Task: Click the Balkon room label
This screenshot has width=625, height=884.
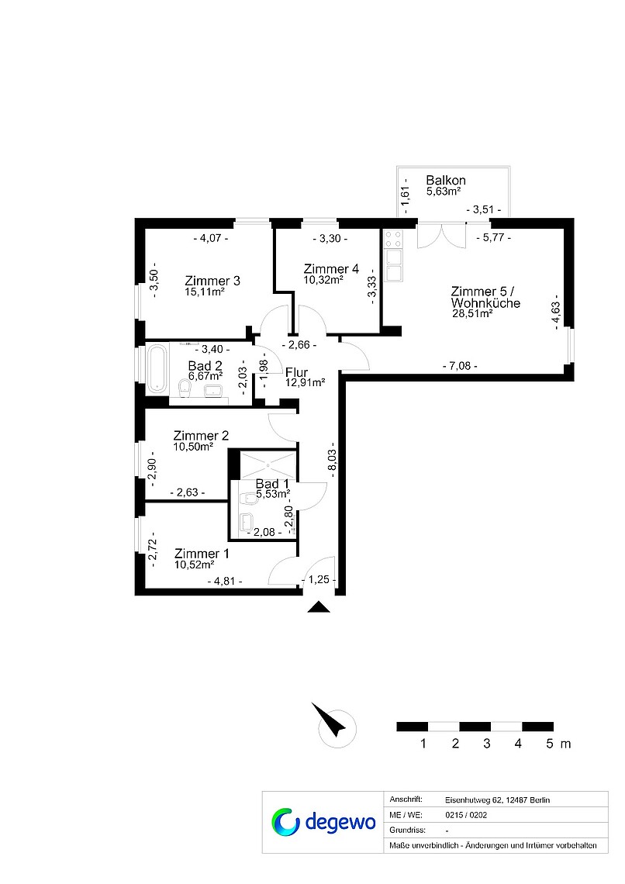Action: coord(446,181)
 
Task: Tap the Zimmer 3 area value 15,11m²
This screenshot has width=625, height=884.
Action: coord(205,292)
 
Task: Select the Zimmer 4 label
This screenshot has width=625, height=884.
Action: coord(331,269)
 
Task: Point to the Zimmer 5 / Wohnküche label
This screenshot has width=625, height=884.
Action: coord(485,297)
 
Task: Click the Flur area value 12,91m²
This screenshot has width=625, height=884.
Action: coord(305,383)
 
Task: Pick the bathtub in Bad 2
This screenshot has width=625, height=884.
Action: coord(157,368)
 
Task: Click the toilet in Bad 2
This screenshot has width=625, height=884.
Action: coord(184,387)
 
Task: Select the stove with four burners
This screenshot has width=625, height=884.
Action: coord(393,239)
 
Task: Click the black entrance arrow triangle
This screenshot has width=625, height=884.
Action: coord(319,607)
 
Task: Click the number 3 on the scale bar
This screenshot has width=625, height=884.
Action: coord(487,744)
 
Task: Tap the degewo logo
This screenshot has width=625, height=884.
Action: coord(323,823)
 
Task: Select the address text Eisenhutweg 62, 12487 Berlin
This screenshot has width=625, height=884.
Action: coord(497,800)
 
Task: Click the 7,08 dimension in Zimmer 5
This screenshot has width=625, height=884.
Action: coord(460,366)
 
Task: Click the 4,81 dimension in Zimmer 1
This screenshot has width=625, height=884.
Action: coord(224,582)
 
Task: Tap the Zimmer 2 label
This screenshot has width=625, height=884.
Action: coord(201,436)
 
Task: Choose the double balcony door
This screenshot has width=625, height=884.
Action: coord(442,236)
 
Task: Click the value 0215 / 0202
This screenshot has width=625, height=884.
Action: coord(466,815)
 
